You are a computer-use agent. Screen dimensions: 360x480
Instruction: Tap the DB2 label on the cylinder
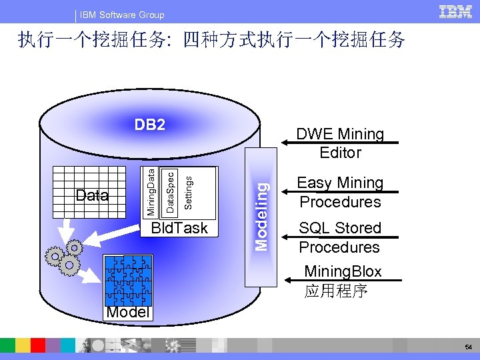(x=150, y=125)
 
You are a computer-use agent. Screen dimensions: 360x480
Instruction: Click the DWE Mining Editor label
(x=340, y=143)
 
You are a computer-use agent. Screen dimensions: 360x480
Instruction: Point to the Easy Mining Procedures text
(x=340, y=192)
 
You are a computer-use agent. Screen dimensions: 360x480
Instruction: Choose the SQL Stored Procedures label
(x=340, y=237)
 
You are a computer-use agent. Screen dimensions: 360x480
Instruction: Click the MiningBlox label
(x=343, y=271)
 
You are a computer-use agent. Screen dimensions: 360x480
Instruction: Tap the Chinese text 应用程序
(x=336, y=291)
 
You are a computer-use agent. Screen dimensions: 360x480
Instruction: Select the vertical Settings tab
(x=189, y=191)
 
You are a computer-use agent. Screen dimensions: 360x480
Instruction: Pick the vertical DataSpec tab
(x=170, y=192)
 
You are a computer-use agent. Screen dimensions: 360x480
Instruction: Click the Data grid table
(x=93, y=191)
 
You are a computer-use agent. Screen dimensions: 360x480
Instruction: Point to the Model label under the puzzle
(x=127, y=313)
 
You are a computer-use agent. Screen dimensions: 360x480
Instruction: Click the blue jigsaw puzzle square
(x=127, y=280)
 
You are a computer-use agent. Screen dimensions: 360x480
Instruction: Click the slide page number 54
(x=467, y=347)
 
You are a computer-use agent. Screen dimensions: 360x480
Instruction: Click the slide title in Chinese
(x=212, y=41)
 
